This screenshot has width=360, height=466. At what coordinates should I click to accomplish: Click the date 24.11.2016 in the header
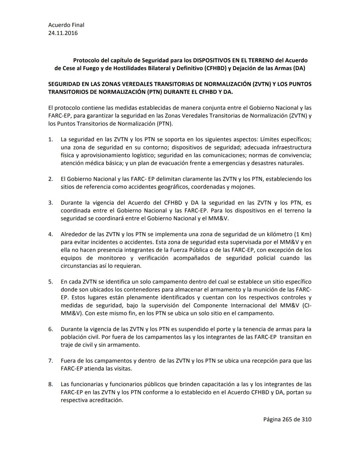click(63, 33)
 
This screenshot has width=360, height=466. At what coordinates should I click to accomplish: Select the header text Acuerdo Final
click(66, 25)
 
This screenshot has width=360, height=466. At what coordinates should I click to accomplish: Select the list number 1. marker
click(51, 139)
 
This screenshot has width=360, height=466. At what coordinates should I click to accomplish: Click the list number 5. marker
click(51, 282)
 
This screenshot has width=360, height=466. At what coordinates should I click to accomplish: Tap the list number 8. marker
click(51, 384)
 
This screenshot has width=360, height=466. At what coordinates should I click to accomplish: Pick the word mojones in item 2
click(243, 187)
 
